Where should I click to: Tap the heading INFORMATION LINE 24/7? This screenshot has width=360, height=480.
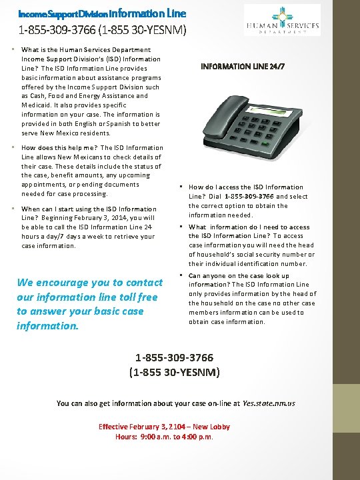point(243,67)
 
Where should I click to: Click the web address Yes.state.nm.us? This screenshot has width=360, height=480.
point(269,403)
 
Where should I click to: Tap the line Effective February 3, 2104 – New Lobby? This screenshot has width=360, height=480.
point(164,427)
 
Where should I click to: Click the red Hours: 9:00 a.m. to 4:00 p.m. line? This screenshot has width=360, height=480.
point(164,437)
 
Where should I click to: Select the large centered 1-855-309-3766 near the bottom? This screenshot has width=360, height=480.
point(174,358)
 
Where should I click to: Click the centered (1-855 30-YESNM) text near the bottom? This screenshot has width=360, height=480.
point(174,371)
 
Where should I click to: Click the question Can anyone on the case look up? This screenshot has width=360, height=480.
point(239,275)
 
